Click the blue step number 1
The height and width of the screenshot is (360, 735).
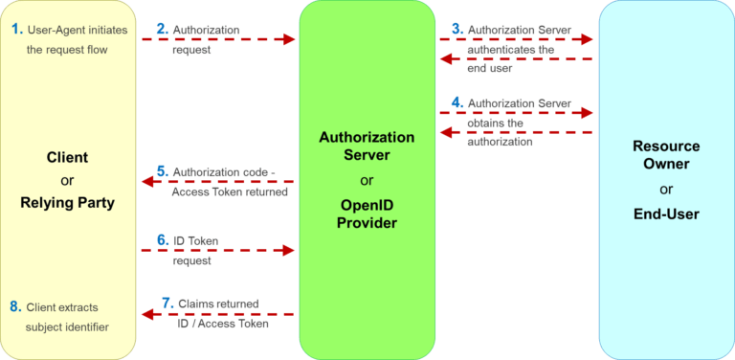pos(16,30)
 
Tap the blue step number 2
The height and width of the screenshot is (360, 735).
pos(162,30)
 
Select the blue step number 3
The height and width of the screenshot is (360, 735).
pos(457,30)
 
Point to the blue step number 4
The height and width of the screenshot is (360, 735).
pos(457,103)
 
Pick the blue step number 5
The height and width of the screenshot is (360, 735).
pos(162,171)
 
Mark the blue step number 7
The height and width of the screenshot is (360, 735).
pos(167,304)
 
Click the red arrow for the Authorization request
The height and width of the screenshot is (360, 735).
pos(218,40)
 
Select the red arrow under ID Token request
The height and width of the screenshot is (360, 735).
pos(218,251)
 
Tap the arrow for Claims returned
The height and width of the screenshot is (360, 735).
pos(218,314)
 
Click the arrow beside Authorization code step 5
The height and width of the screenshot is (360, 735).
pos(218,181)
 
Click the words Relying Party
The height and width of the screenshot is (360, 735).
pos(67,202)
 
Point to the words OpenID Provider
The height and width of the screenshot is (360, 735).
pos(367,213)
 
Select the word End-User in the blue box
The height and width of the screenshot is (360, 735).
pos(666,214)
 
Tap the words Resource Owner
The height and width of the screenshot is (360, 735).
pos(666,156)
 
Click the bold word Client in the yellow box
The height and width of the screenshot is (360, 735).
pos(67,157)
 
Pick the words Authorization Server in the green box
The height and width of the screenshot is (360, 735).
pos(367,146)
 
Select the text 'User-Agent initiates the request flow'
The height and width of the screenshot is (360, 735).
pos(72,39)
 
